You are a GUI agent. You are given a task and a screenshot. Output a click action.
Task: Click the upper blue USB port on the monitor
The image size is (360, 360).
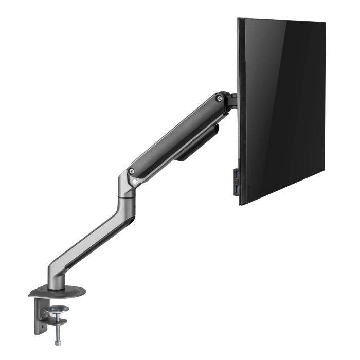236,177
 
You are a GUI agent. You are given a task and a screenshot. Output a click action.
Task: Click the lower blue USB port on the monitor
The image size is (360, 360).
236,191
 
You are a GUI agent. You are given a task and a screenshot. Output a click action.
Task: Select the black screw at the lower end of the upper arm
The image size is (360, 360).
132,171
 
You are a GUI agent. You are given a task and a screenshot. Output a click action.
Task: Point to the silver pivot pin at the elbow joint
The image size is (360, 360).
135,181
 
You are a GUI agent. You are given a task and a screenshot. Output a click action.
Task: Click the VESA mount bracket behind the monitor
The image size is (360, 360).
232,100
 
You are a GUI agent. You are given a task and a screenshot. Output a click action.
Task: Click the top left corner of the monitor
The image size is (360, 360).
238,20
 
